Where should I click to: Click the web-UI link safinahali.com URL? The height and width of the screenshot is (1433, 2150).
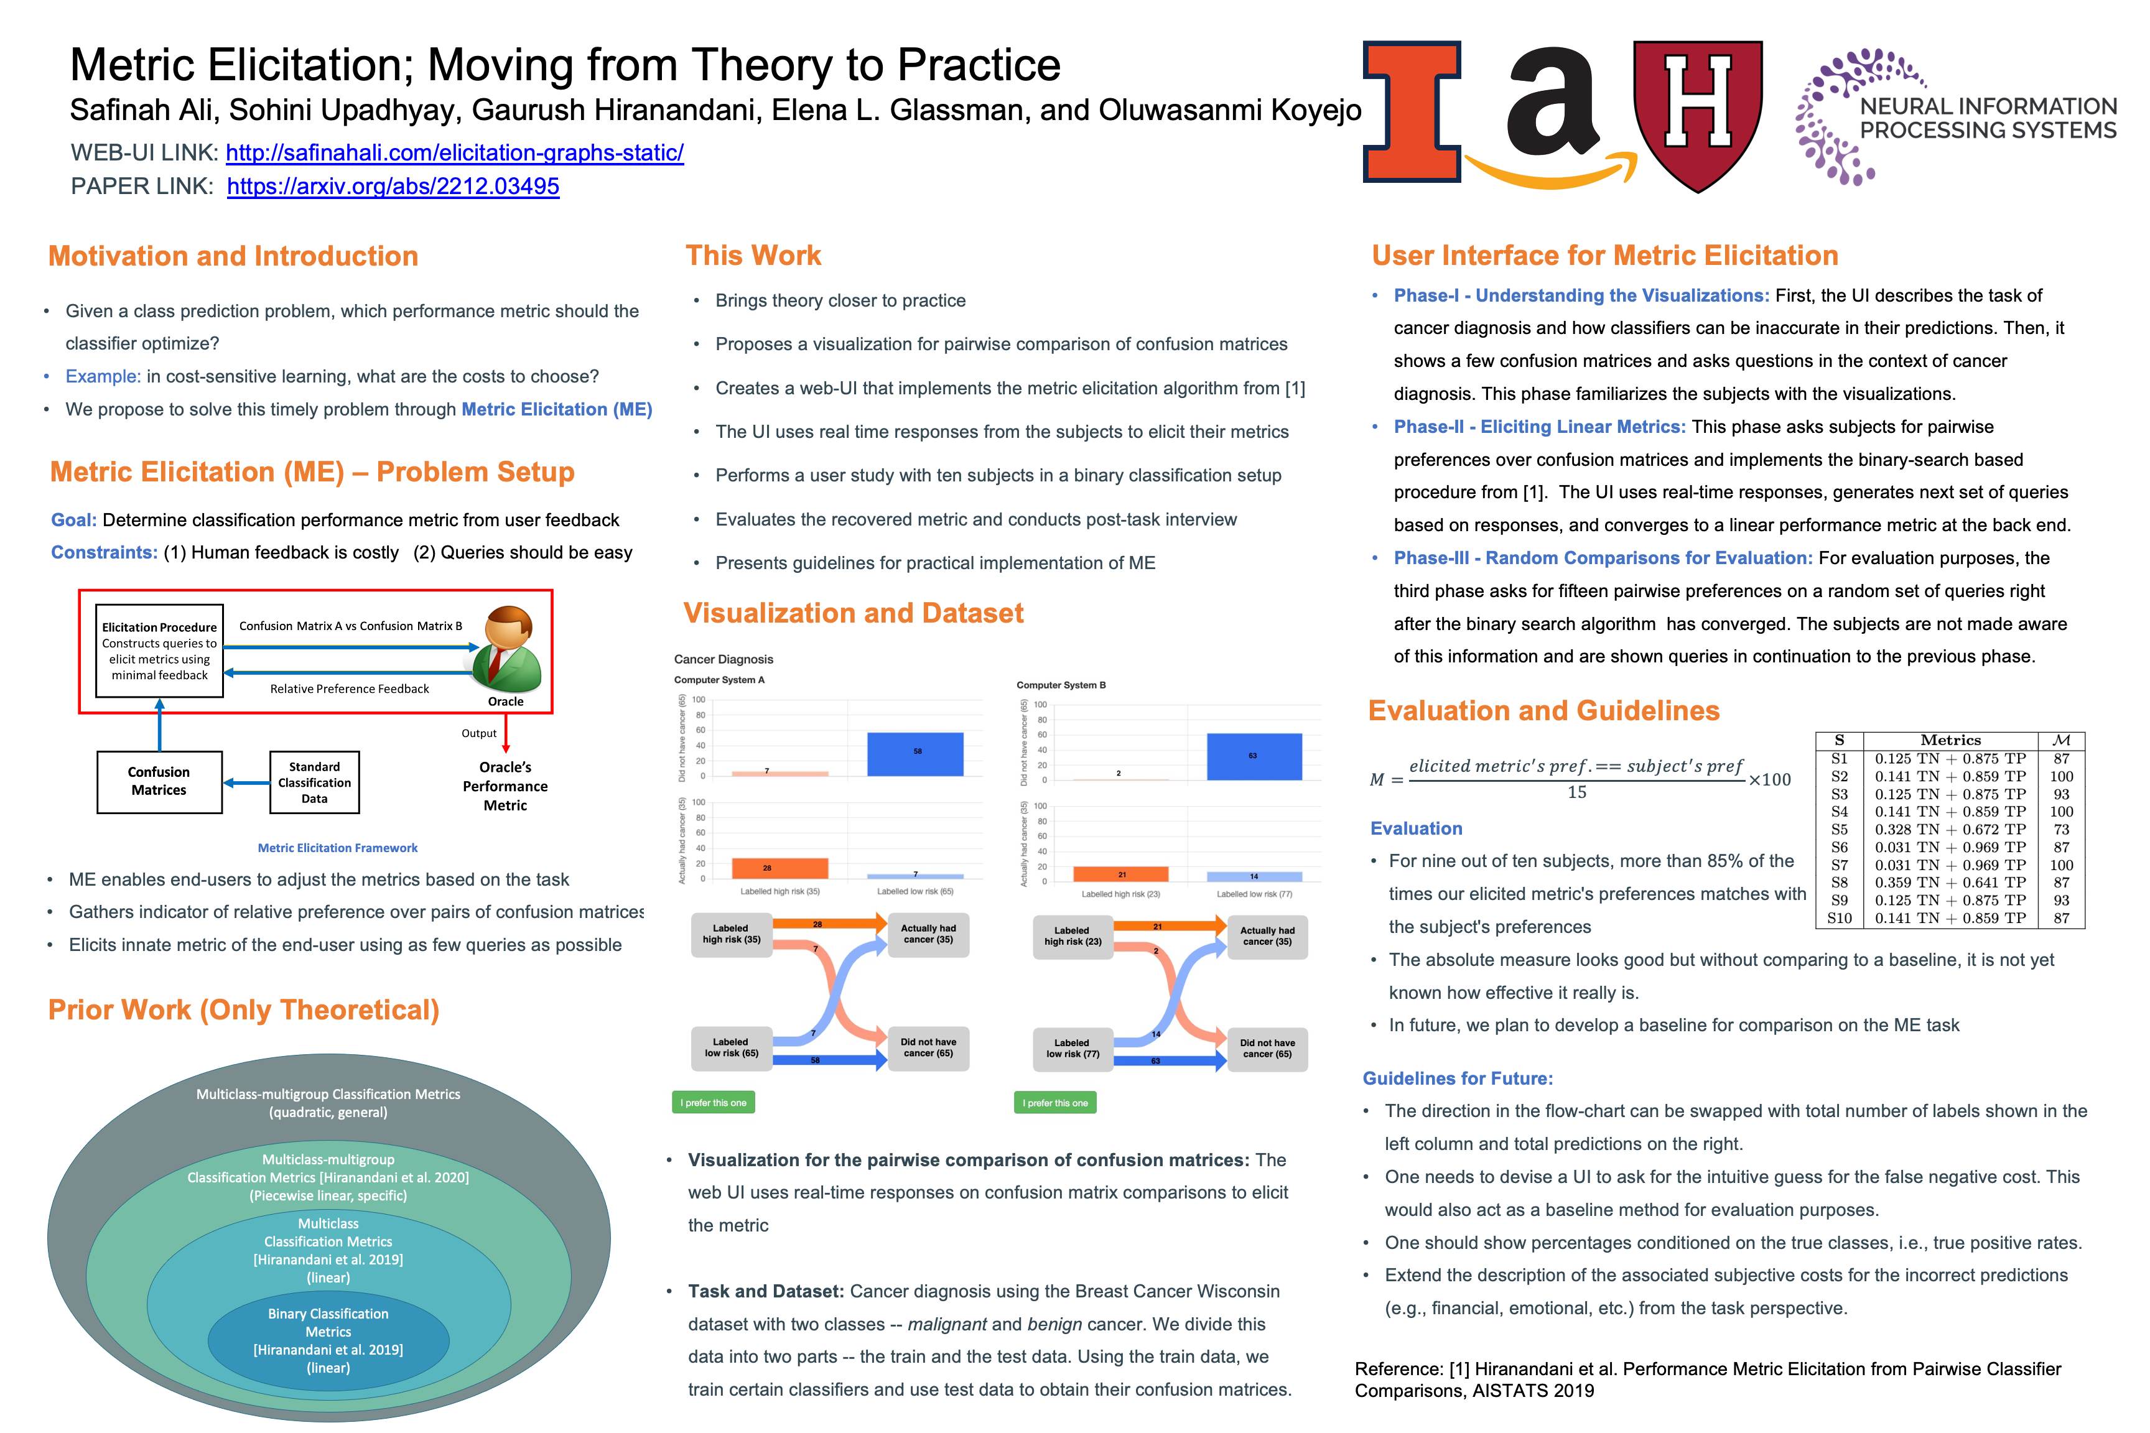454,152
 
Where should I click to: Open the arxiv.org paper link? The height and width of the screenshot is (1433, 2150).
393,187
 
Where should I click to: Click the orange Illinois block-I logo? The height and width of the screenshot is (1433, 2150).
1412,111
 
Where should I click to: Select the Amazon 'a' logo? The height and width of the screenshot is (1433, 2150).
1552,105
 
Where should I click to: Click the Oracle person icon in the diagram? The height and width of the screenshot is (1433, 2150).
506,649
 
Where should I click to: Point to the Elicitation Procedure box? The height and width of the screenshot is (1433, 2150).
160,651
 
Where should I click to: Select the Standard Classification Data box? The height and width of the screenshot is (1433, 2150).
314,782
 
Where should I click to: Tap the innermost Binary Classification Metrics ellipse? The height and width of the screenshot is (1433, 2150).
328,1340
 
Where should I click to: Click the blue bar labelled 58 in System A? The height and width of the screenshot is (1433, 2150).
915,754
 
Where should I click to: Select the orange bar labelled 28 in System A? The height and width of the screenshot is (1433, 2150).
779,868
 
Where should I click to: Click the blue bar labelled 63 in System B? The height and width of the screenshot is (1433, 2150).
1254,757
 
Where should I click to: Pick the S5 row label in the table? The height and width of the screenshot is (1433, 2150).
1839,830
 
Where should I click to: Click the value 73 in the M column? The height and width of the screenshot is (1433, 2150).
2061,830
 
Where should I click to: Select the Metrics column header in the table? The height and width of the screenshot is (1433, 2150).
1950,740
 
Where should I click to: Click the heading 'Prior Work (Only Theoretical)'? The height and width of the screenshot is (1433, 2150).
244,1010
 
